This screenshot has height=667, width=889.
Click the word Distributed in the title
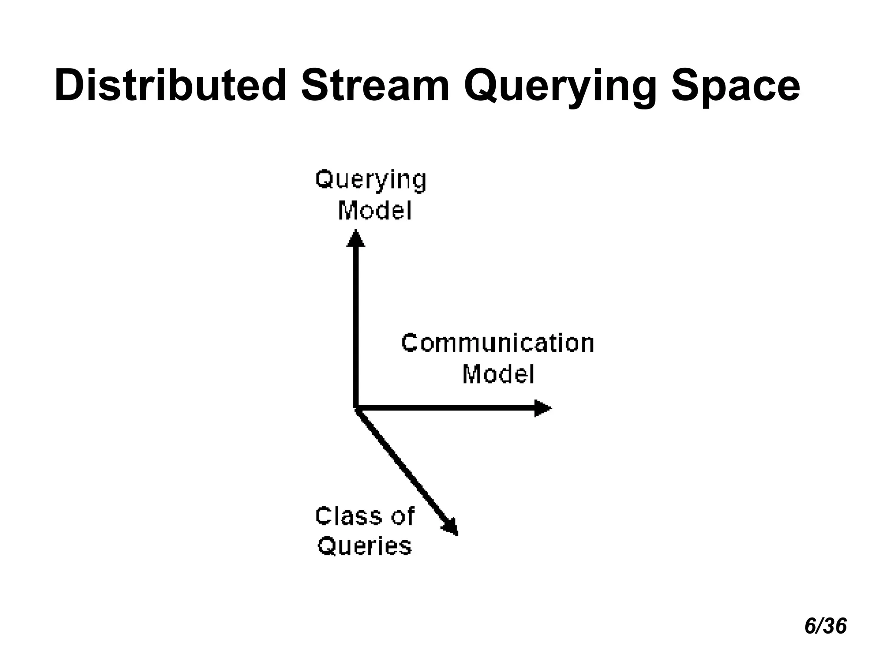pyautogui.click(x=170, y=86)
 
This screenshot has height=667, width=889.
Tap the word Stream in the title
pyautogui.click(x=375, y=86)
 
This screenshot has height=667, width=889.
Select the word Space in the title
pyautogui.click(x=735, y=86)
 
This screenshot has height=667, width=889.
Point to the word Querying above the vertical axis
pyautogui.click(x=371, y=180)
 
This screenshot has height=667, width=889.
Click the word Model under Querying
pyautogui.click(x=375, y=211)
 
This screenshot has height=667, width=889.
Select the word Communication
pyautogui.click(x=497, y=343)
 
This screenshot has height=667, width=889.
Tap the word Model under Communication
pyautogui.click(x=498, y=374)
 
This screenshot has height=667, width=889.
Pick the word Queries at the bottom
pyautogui.click(x=365, y=546)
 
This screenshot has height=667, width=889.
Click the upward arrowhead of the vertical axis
pyautogui.click(x=356, y=239)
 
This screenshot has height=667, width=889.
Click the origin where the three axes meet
pyautogui.click(x=356, y=408)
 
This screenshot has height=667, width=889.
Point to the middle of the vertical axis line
pyautogui.click(x=356, y=326)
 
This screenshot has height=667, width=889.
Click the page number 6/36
pyautogui.click(x=825, y=626)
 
